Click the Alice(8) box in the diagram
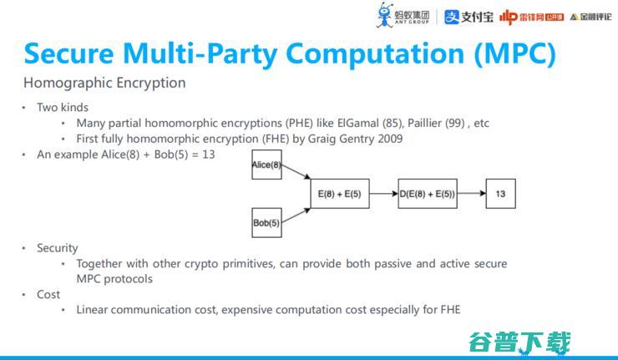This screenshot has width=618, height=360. click(x=266, y=165)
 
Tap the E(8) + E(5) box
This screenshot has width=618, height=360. click(x=339, y=194)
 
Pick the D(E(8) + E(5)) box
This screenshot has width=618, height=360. click(x=427, y=194)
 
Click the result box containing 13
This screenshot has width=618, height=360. click(x=500, y=194)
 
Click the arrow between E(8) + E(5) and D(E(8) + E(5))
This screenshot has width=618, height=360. click(x=382, y=194)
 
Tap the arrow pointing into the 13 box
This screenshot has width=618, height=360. click(x=470, y=194)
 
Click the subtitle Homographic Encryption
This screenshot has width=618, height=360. click(x=104, y=83)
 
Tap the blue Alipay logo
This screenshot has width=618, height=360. click(x=467, y=17)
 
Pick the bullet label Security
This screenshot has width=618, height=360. click(x=57, y=248)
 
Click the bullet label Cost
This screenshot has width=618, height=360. click(x=48, y=294)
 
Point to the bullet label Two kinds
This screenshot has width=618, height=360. click(x=62, y=107)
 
